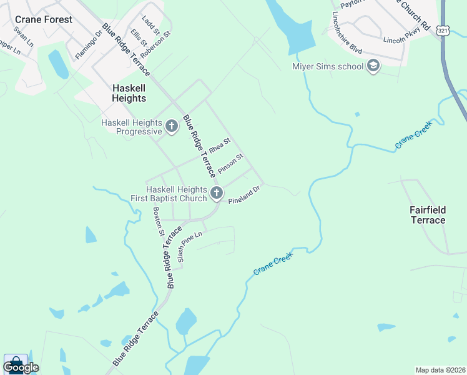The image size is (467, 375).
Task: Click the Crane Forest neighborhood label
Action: pyautogui.click(x=44, y=19)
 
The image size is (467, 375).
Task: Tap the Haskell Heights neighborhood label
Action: pyautogui.click(x=129, y=93)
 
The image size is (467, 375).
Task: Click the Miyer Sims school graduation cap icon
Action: pyautogui.click(x=373, y=66)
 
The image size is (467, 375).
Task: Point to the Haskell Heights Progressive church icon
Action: pyautogui.click(x=172, y=127)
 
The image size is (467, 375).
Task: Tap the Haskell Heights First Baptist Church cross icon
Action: pyautogui.click(x=217, y=194)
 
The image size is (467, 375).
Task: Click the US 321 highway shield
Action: pyautogui.click(x=442, y=30)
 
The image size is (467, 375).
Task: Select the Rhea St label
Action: pyautogui.click(x=220, y=146)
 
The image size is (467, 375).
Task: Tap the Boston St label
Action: pyautogui.click(x=159, y=221)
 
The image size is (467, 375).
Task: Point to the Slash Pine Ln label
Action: pyautogui.click(x=190, y=246)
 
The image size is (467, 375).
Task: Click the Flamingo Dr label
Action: pyautogui.click(x=88, y=44)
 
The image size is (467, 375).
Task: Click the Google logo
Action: pyautogui.click(x=21, y=367)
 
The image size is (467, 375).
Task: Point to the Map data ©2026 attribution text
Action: pyautogui.click(x=440, y=370)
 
